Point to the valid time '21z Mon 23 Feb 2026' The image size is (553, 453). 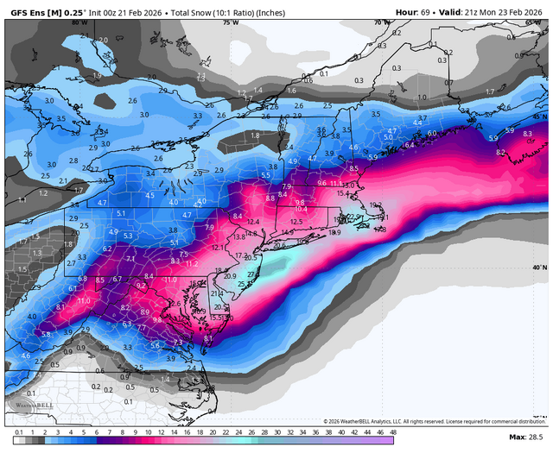coord(502,11)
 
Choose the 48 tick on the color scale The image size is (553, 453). coord(393,431)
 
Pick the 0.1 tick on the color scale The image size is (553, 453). coord(18,431)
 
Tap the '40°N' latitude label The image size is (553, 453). coord(540,267)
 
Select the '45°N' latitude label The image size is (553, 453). coord(540,116)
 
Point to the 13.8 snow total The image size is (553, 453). coord(241,236)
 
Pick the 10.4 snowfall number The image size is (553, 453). coord(301,209)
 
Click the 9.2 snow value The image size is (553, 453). coord(141,284)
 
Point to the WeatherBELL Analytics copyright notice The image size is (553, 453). coord(423,421)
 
